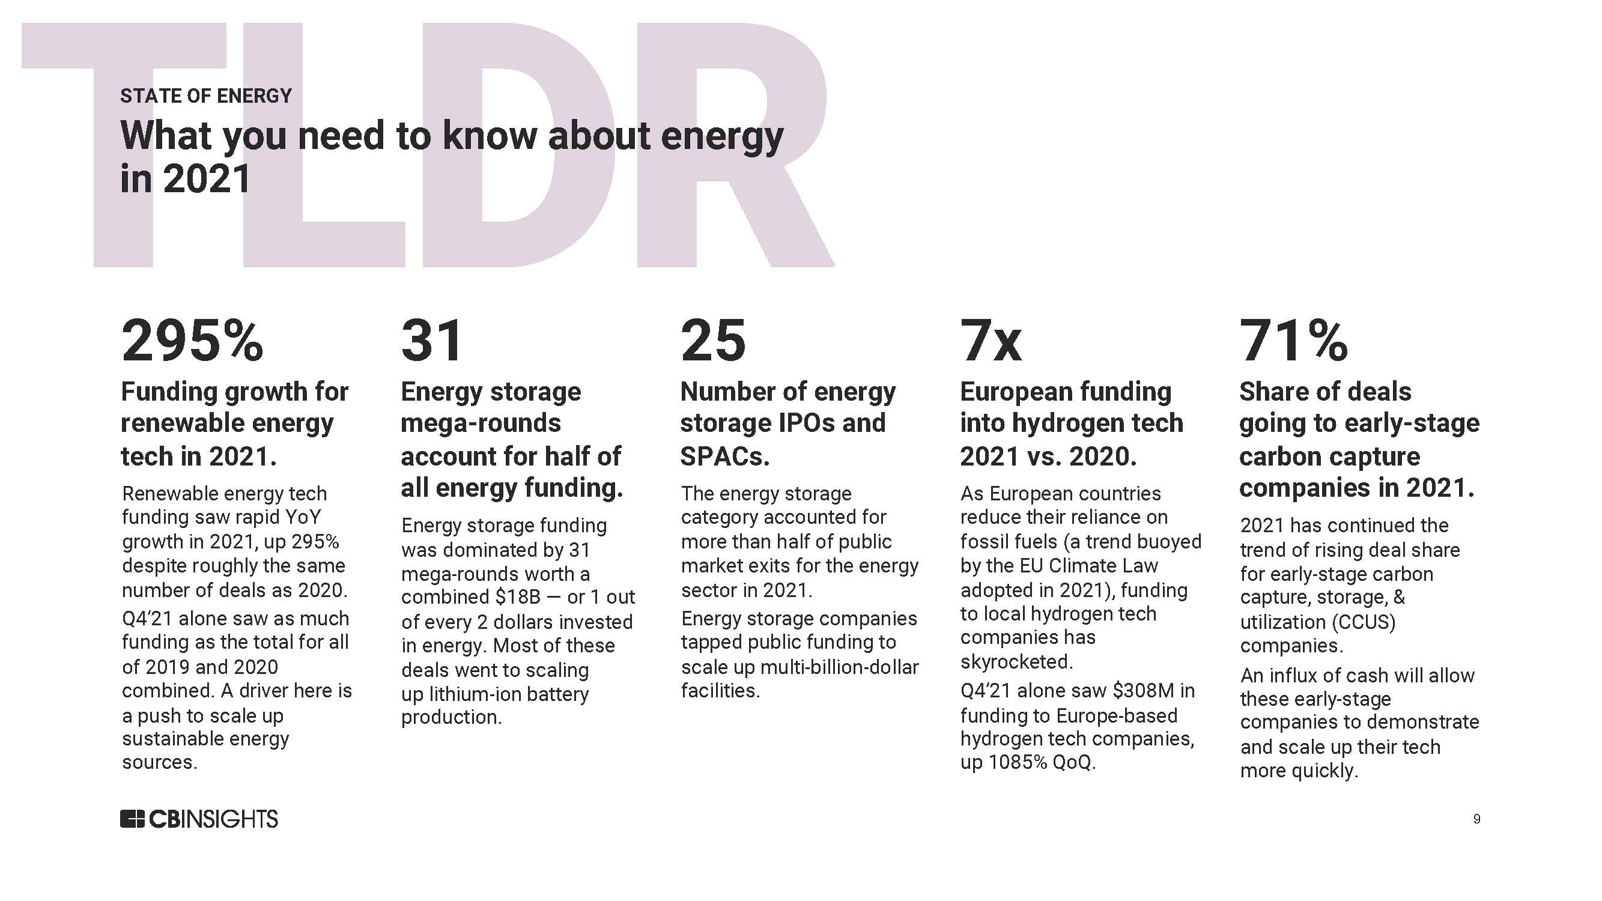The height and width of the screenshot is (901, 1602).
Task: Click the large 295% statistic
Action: point(192,341)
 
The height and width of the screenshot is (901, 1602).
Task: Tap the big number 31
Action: point(432,341)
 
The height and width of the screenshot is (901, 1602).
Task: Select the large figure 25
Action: point(712,341)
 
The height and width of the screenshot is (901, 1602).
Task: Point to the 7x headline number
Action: point(991,341)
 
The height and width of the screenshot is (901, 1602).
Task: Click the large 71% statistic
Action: point(1293,341)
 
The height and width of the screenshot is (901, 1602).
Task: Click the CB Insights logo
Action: point(199,819)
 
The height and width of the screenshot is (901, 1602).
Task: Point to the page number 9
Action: point(1476,819)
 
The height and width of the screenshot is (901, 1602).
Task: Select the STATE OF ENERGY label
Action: point(206,96)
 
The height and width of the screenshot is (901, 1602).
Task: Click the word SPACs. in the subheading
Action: point(724,457)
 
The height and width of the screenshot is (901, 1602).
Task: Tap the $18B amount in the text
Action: point(518,597)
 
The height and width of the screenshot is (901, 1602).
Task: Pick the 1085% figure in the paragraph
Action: point(1018,762)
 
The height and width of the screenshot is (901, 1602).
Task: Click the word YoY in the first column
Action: point(303,517)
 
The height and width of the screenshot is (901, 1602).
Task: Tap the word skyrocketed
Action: point(1016,661)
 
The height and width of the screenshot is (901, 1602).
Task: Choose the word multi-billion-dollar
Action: point(840,667)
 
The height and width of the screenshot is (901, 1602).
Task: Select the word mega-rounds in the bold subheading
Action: point(481,423)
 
